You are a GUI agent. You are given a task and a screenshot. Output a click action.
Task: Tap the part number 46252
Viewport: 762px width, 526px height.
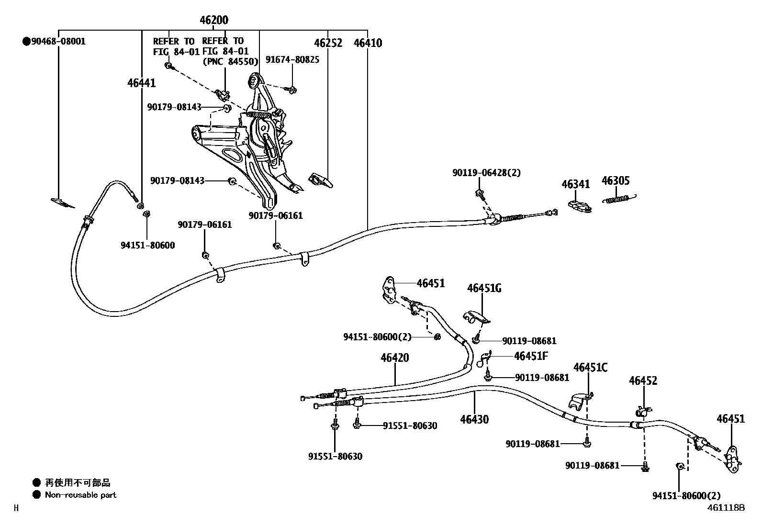(328, 43)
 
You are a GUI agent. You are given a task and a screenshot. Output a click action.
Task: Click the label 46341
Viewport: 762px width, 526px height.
(575, 184)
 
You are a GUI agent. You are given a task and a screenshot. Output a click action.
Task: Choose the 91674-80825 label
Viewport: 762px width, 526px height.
(292, 59)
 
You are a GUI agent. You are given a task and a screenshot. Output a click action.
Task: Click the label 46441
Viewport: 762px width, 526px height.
(141, 83)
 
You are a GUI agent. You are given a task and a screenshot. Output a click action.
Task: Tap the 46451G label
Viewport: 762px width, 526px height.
(484, 288)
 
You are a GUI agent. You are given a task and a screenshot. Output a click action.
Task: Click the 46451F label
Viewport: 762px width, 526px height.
(531, 356)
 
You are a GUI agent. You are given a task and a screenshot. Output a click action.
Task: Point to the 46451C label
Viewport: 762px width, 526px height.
(590, 367)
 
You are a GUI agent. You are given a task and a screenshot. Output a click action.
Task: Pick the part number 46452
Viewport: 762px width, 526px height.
(643, 381)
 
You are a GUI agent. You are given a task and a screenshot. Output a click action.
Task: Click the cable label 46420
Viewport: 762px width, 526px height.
(395, 358)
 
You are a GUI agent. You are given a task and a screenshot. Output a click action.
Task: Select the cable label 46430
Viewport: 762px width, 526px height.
(474, 420)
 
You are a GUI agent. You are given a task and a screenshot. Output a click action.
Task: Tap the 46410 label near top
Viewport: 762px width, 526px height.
(368, 43)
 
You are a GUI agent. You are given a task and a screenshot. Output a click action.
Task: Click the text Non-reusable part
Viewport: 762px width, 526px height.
(80, 495)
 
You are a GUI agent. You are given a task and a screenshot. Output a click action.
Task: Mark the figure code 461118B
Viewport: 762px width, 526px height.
(726, 507)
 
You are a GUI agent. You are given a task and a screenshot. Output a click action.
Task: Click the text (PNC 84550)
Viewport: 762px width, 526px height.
(230, 61)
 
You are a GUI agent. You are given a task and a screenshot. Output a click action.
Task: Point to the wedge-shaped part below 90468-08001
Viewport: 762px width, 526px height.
(63, 203)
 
